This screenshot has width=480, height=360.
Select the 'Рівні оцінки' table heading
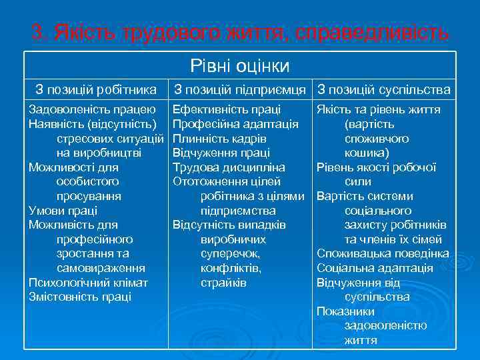[240, 65]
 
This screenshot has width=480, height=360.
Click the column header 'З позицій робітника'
[96, 89]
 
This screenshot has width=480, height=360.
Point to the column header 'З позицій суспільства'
[384, 89]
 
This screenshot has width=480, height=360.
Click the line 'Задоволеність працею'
[93, 109]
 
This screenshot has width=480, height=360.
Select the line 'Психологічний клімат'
[88, 282]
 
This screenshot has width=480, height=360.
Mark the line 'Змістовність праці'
[80, 297]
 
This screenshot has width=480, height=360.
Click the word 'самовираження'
[101, 268]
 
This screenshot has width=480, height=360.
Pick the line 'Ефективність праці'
[227, 109]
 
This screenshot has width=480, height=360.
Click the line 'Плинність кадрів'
[219, 139]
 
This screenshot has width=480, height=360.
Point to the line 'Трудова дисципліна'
[229, 167]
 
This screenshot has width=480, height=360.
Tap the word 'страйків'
[223, 282]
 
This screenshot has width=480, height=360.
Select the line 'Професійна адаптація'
[235, 124]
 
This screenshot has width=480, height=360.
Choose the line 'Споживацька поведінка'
[383, 253]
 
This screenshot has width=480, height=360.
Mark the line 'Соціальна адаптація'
[375, 268]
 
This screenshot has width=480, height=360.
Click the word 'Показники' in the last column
[346, 311]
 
